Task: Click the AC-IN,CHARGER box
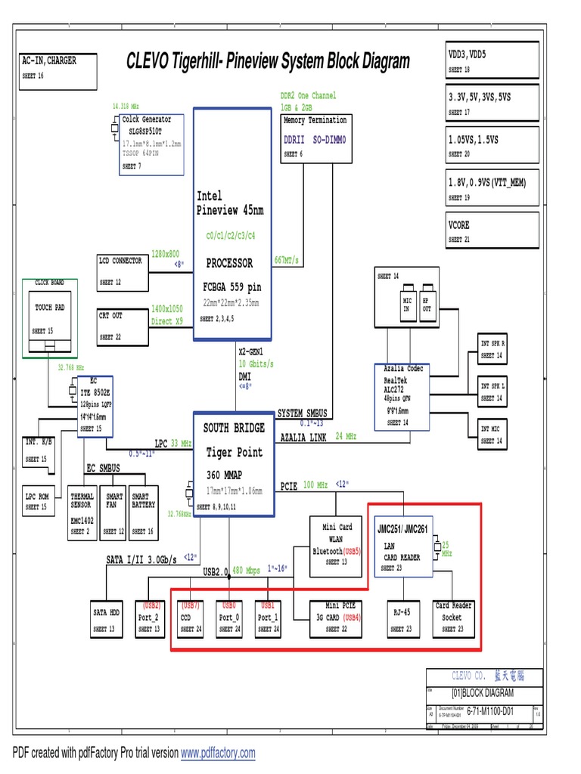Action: (57, 70)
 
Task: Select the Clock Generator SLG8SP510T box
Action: (151, 144)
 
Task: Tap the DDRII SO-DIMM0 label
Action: (314, 140)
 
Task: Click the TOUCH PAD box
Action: (50, 318)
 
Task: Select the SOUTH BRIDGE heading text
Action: (234, 428)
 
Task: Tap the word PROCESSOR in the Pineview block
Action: (229, 263)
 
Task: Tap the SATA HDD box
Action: (107, 618)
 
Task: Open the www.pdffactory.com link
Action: (218, 753)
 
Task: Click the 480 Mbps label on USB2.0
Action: (245, 570)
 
